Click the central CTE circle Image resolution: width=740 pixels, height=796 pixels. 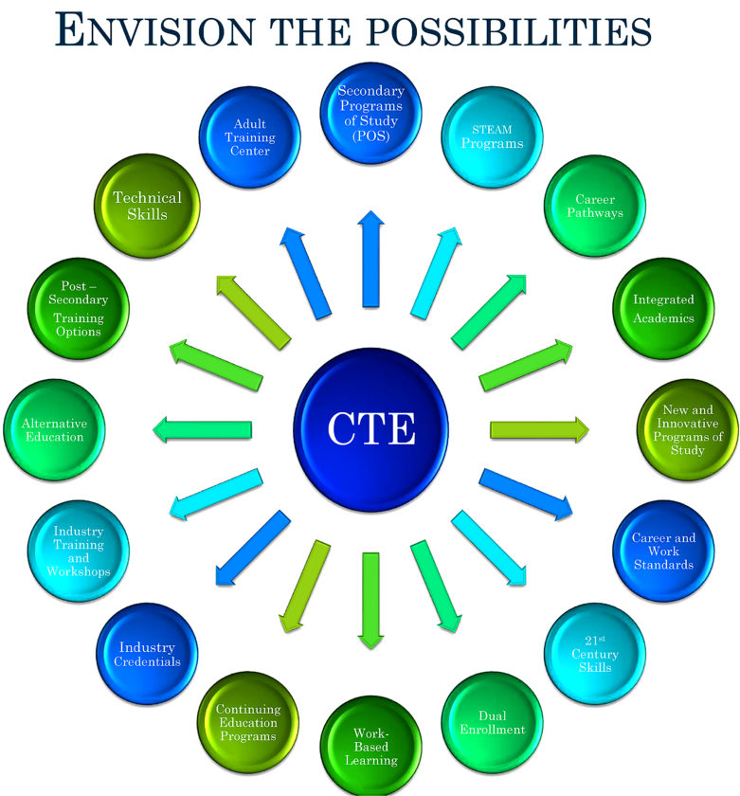pos(370,429)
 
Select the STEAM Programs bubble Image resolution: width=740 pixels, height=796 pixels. pos(493,137)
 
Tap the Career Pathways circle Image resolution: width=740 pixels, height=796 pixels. pos(595,206)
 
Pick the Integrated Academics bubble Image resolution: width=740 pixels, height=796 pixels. pos(663,308)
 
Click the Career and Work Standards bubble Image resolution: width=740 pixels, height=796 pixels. pos(663,551)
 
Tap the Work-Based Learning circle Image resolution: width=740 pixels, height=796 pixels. pos(370,747)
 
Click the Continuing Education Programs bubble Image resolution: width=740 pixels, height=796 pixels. pos(246,722)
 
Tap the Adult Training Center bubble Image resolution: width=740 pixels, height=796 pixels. pos(250,137)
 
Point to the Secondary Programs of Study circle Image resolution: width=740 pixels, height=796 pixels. pos(370,112)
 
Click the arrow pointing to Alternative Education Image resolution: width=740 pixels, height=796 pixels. pos(203,430)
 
